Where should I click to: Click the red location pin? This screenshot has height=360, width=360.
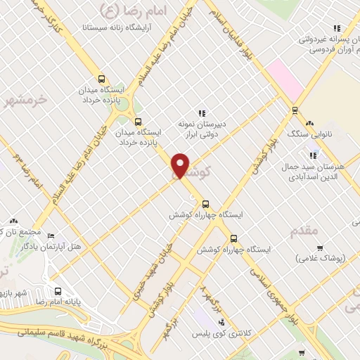181,165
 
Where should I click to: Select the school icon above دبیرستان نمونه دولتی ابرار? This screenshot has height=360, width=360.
202,112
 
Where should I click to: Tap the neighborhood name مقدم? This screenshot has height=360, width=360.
304,230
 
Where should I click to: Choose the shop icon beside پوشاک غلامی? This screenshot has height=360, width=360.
321,247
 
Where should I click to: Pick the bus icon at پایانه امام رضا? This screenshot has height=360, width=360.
58,291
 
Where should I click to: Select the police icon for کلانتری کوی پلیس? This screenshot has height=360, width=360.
222,321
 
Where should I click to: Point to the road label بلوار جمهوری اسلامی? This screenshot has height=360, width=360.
264,284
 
